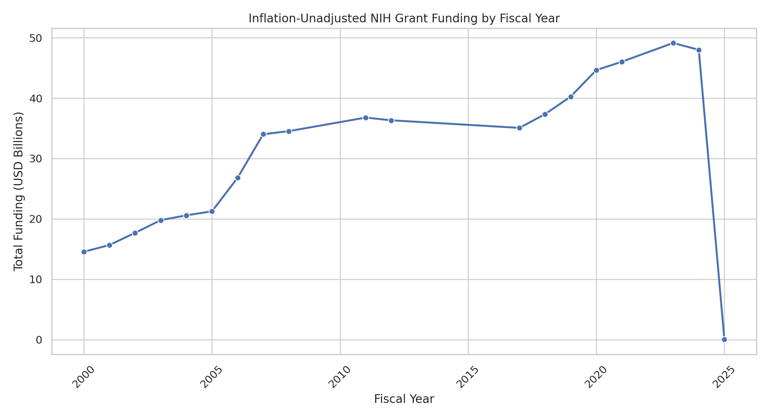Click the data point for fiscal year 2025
[724, 339]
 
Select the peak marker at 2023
[673, 43]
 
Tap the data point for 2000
[84, 252]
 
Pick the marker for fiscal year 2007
[263, 134]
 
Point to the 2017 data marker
[519, 128]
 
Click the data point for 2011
[366, 118]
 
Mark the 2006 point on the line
[238, 178]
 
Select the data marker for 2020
[596, 70]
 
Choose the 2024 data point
[699, 50]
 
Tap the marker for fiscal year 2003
[161, 220]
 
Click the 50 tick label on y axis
[35, 38]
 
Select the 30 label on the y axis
[35, 159]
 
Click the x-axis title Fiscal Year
[404, 399]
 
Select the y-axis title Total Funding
[19, 191]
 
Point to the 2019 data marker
[571, 97]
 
